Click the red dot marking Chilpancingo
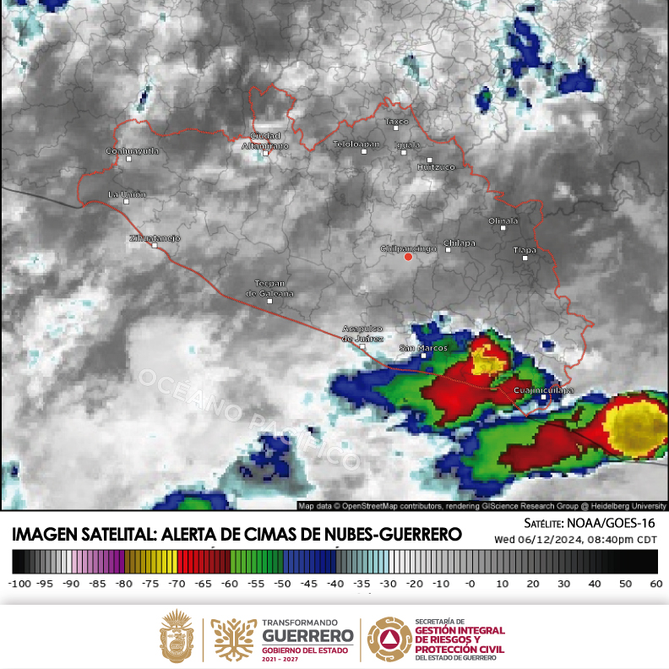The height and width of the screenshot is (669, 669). (x=408, y=257)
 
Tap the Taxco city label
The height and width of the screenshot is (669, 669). (x=396, y=122)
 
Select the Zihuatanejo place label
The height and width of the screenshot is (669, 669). (x=154, y=238)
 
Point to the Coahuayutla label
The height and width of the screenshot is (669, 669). (x=132, y=150)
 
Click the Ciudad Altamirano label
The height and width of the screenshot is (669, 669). (x=264, y=141)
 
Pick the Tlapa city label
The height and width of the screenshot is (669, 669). (x=525, y=250)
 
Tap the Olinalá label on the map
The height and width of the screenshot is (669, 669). (x=503, y=220)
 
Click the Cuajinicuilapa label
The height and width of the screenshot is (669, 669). (x=544, y=390)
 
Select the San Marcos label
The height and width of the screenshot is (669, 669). (x=422, y=348)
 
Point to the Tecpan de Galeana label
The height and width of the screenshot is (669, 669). (x=269, y=288)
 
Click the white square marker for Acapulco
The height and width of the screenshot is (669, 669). (x=362, y=346)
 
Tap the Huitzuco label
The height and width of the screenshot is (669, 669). (x=436, y=166)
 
